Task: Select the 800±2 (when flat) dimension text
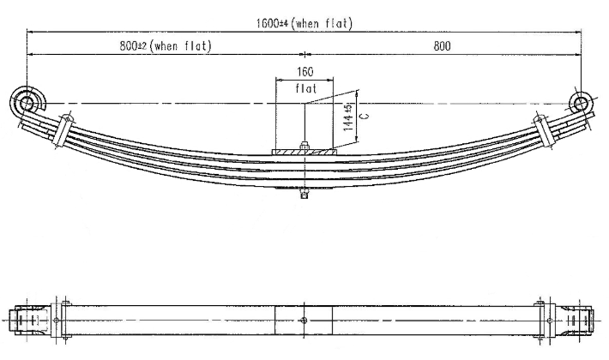tap(166, 46)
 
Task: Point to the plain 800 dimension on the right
tap(442, 46)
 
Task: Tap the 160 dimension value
tap(304, 72)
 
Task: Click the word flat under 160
tap(306, 88)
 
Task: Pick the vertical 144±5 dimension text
tap(348, 117)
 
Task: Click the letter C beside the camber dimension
tap(365, 116)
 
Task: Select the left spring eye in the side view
tap(27, 103)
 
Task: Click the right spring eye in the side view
tap(581, 103)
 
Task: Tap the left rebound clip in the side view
tap(63, 129)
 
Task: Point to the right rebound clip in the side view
tap(544, 129)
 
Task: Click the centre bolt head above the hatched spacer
tap(304, 146)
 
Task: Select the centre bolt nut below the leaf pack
tap(304, 193)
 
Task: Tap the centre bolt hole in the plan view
tap(304, 321)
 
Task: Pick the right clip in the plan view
tap(546, 321)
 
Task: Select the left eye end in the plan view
tap(31, 321)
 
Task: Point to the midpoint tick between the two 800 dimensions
tap(304, 54)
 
